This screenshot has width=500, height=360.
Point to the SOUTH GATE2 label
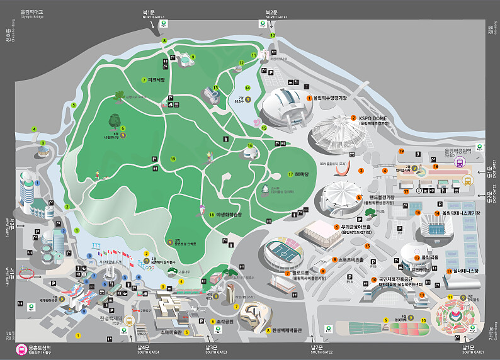[321, 352]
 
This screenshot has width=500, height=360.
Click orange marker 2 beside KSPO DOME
[354, 118]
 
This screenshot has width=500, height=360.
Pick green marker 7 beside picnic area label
[144, 80]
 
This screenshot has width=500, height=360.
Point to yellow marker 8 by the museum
[268, 330]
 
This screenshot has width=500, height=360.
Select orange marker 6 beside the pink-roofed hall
[337, 227]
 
